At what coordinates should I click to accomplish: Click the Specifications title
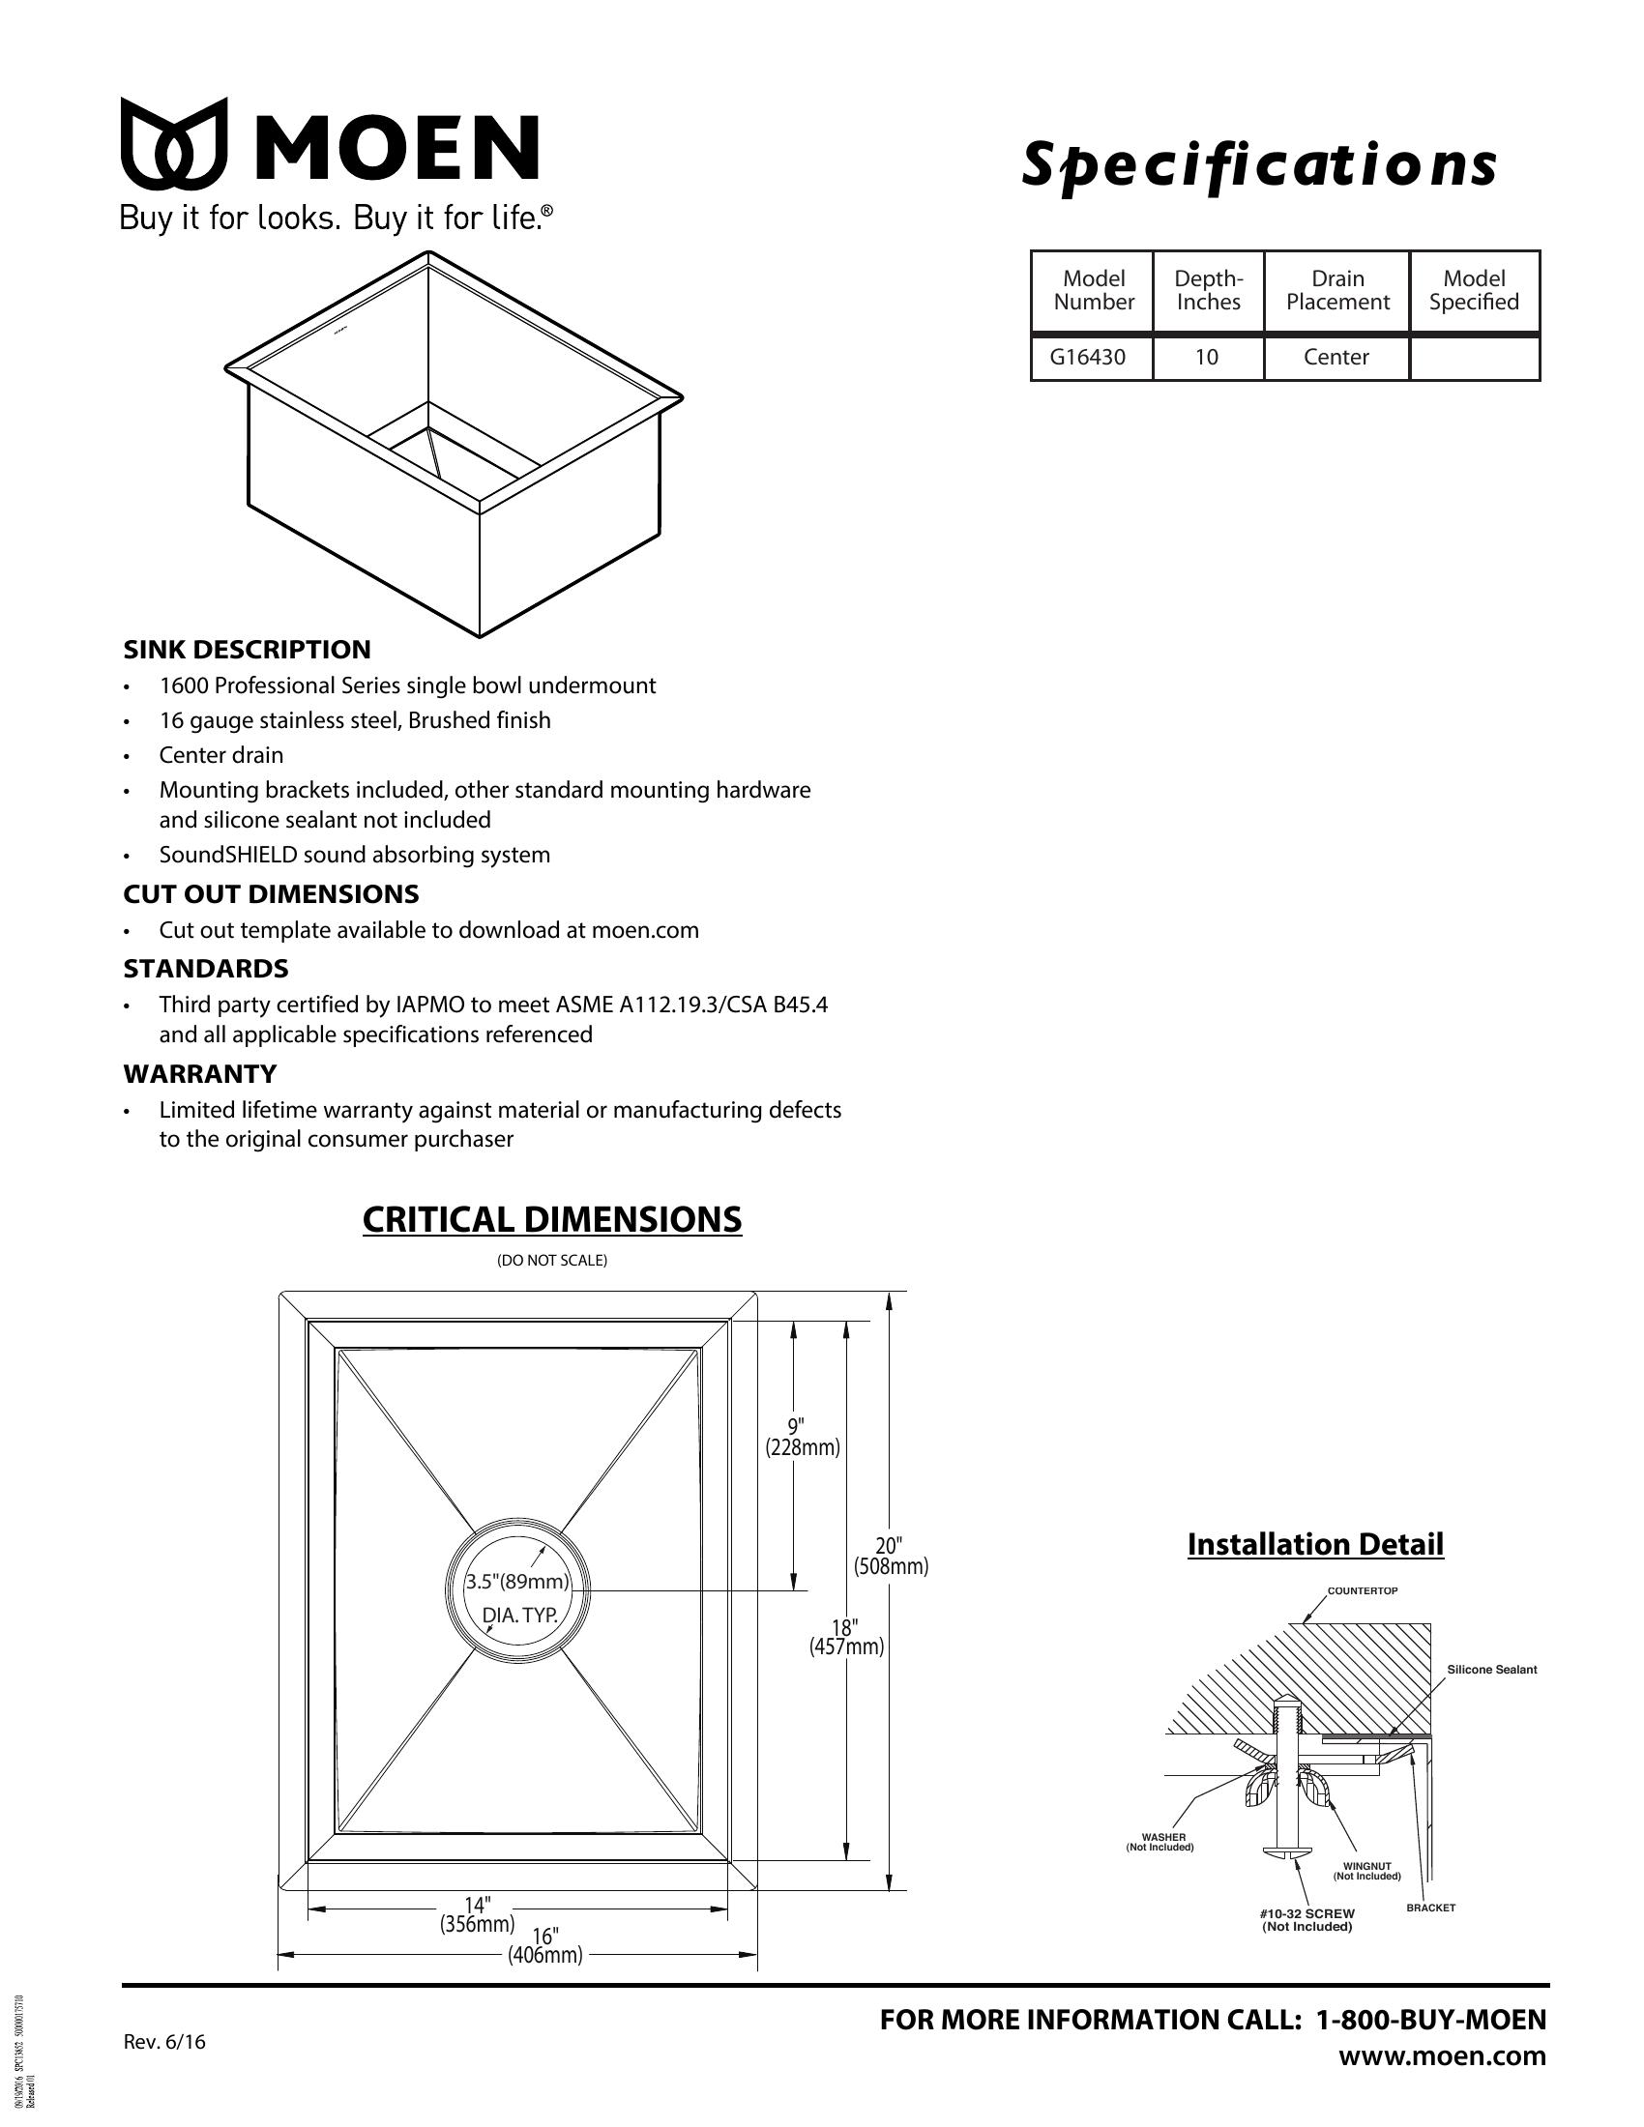(1257, 163)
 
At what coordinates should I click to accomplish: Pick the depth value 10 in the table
(1207, 358)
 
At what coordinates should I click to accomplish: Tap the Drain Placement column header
(1336, 290)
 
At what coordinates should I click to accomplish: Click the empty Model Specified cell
(1474, 358)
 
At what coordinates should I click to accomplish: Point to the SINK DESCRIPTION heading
(247, 650)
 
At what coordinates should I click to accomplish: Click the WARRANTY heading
(199, 1074)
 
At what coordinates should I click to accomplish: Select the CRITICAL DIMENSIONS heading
(551, 1219)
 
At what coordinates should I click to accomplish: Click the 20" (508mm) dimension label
(890, 1557)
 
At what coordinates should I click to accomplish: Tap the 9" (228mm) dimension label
(802, 1438)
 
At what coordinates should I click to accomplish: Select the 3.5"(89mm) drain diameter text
(516, 1583)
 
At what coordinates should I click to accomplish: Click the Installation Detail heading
(1315, 1544)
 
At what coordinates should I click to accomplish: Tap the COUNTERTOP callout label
(1363, 1590)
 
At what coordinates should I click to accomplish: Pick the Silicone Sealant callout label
(1491, 1670)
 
